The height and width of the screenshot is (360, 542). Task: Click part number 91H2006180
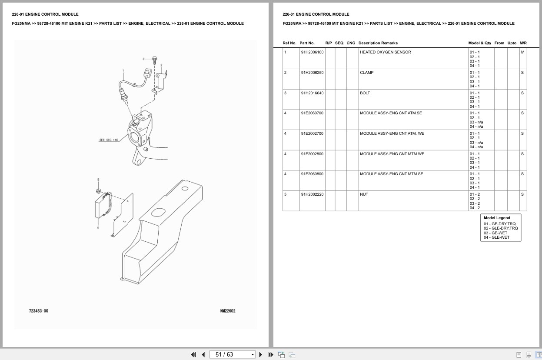pyautogui.click(x=312, y=52)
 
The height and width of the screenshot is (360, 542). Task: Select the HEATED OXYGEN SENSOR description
pyautogui.click(x=385, y=52)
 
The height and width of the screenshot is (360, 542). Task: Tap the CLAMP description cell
pyautogui.click(x=366, y=72)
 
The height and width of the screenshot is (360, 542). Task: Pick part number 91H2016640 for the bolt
pyautogui.click(x=312, y=93)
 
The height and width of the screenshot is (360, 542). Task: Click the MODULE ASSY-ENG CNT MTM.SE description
pyautogui.click(x=392, y=174)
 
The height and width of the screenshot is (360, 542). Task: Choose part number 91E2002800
pyautogui.click(x=312, y=154)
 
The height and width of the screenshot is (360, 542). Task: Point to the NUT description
pyautogui.click(x=364, y=194)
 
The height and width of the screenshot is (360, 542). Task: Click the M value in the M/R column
pyautogui.click(x=522, y=52)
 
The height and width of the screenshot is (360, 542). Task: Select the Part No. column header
pyautogui.click(x=307, y=43)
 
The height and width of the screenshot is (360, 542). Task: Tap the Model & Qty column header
pyautogui.click(x=479, y=43)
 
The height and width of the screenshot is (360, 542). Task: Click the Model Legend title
pyautogui.click(x=497, y=218)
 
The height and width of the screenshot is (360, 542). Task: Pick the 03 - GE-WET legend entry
pyautogui.click(x=495, y=233)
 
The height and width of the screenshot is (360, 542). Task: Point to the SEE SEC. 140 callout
pyautogui.click(x=109, y=140)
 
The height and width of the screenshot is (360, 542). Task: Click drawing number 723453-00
pyautogui.click(x=39, y=311)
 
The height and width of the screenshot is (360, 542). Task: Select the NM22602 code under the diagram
pyautogui.click(x=228, y=311)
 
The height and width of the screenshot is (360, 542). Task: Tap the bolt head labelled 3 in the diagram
pyautogui.click(x=155, y=59)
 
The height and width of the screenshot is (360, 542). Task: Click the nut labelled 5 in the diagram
pyautogui.click(x=99, y=191)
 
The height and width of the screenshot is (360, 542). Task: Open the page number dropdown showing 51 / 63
pyautogui.click(x=232, y=355)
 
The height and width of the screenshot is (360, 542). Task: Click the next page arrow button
pyautogui.click(x=261, y=355)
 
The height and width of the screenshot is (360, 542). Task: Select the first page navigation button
pyautogui.click(x=193, y=355)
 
